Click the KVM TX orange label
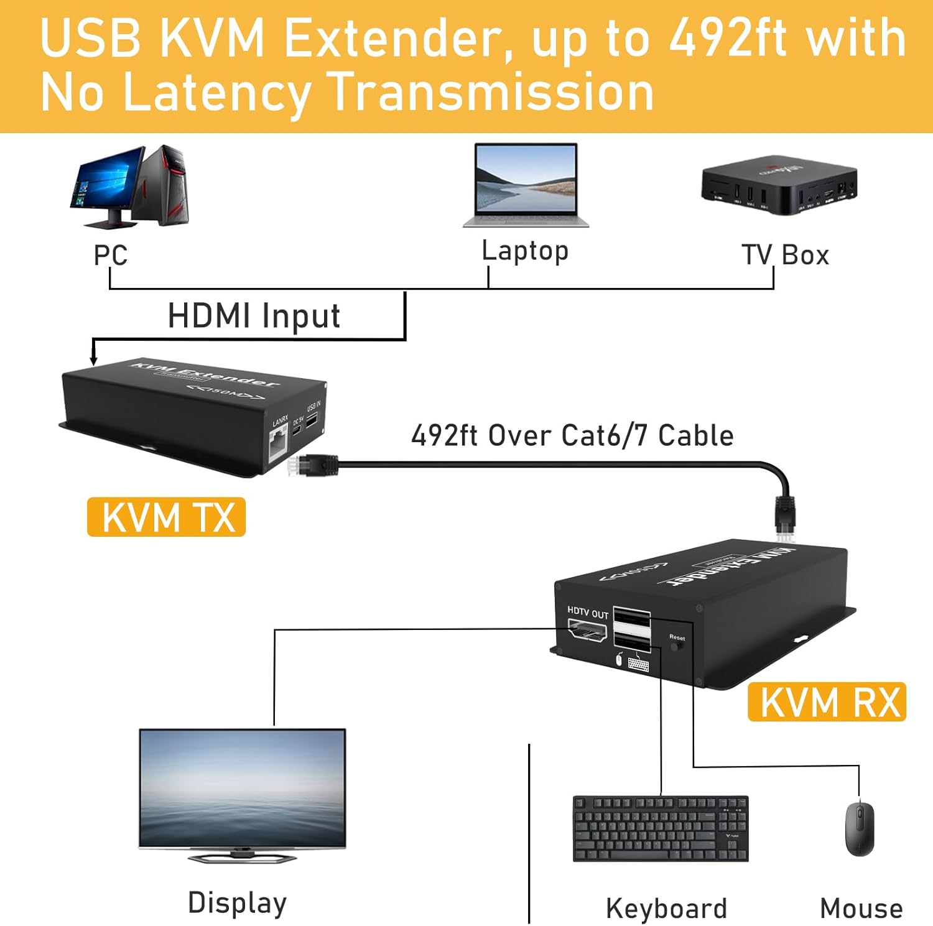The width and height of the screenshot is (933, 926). coord(166,517)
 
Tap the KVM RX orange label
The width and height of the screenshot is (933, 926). coord(827,702)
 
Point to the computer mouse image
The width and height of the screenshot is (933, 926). coord(860,828)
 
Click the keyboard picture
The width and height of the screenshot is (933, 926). coord(660,828)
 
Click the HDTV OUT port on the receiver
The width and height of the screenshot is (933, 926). coord(587,632)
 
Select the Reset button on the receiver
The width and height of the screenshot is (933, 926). coord(677,646)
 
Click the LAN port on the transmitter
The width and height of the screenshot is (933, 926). coord(278,446)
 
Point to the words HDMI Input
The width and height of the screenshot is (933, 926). coord(254,316)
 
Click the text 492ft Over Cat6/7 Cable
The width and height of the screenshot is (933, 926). coord(572,435)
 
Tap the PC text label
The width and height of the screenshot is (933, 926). coord(111,255)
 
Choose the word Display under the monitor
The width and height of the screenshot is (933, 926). coord(237,903)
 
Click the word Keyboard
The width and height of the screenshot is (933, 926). coord(666,909)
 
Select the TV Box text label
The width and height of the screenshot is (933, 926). coord(785,255)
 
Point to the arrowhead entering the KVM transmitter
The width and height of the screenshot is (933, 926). coord(94,359)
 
